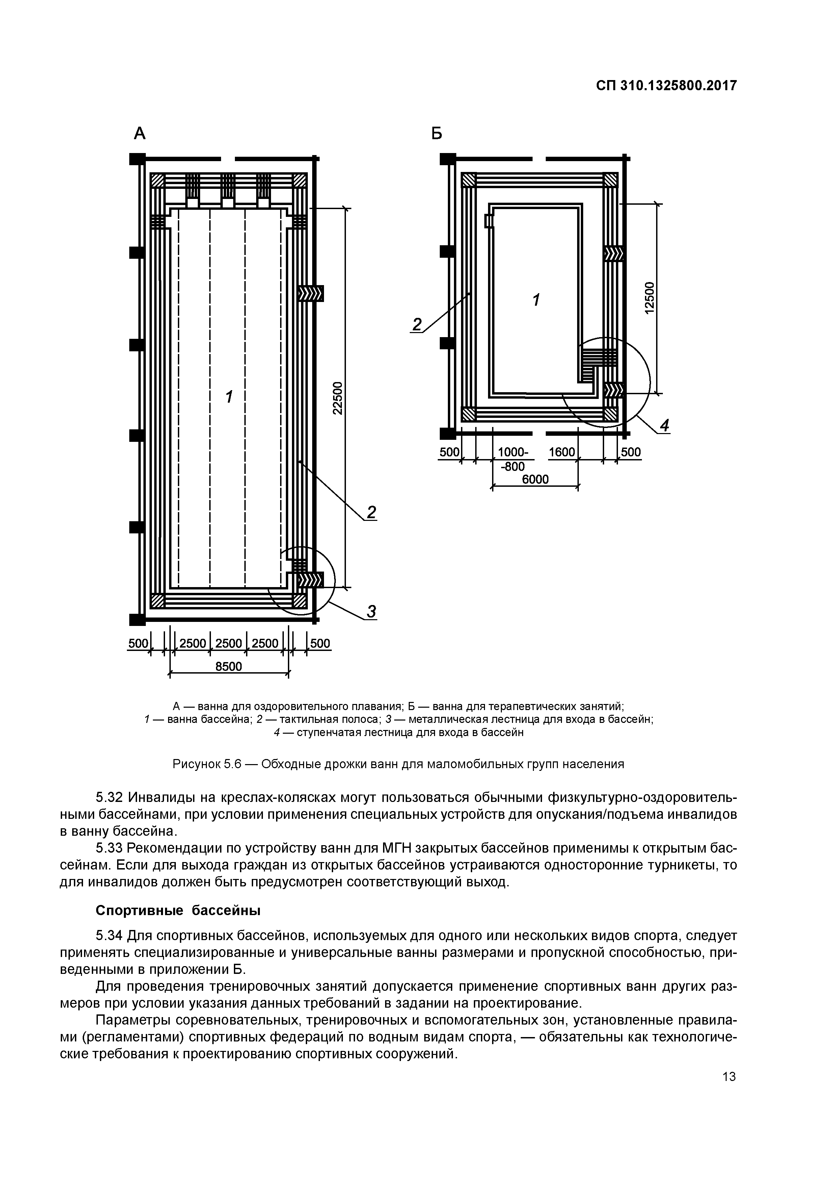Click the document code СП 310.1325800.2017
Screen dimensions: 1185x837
[666, 86]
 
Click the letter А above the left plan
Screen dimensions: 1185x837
[140, 134]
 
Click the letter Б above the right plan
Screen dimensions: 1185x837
[437, 134]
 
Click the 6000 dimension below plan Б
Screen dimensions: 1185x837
[535, 479]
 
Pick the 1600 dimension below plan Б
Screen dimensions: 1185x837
[562, 452]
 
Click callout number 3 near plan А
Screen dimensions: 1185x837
[371, 612]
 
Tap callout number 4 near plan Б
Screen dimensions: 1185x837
[665, 426]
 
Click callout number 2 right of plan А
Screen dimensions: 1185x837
[371, 512]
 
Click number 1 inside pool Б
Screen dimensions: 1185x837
[536, 299]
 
